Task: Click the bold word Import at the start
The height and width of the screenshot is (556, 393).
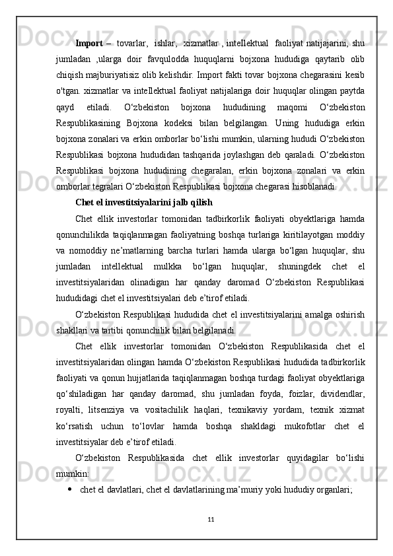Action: coord(89,44)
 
